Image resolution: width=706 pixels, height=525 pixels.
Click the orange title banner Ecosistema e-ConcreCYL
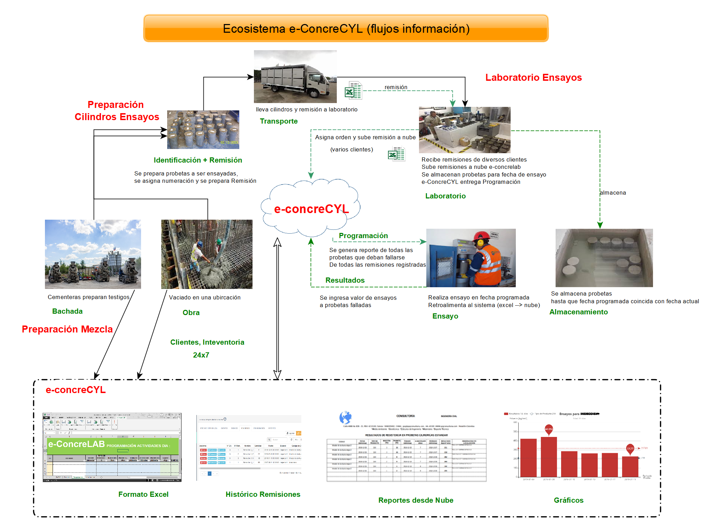click(346, 28)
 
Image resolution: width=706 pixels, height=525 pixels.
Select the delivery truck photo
click(295, 76)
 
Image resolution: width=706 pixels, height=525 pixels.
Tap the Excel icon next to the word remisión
click(353, 91)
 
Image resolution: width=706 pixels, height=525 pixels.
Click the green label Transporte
click(279, 121)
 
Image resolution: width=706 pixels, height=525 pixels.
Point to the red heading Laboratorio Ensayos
click(533, 77)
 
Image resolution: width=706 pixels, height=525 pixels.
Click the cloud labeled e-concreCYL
click(311, 208)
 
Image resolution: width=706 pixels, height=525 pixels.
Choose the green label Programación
click(363, 236)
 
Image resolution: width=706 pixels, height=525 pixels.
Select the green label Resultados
click(345, 280)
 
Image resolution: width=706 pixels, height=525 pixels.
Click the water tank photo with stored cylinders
click(604, 258)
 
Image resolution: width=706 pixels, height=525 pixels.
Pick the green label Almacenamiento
click(578, 312)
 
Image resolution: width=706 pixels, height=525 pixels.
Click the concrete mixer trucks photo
click(93, 254)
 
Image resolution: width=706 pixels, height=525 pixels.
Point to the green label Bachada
click(67, 311)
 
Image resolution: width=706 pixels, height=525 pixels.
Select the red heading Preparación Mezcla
click(67, 329)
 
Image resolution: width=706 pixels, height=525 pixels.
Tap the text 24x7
click(201, 355)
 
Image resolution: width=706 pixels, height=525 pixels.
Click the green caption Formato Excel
click(143, 494)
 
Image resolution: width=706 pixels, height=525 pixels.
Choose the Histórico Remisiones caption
click(263, 494)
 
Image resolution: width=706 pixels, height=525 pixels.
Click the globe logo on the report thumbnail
click(345, 417)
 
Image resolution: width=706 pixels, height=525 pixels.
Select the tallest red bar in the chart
click(549, 456)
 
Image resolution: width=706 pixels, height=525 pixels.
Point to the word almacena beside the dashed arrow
click(613, 193)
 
